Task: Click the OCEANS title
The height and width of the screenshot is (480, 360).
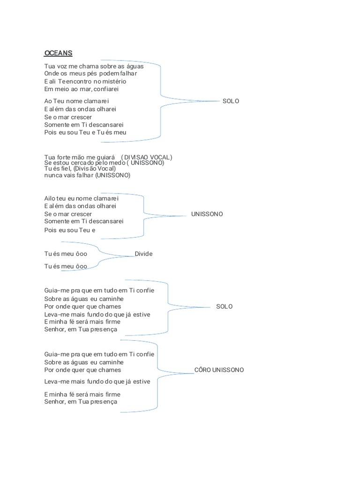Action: [58, 53]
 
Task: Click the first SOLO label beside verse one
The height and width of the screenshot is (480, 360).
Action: [231, 101]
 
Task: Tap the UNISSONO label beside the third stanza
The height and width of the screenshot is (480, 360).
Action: [207, 214]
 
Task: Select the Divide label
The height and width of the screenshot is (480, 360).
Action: [143, 254]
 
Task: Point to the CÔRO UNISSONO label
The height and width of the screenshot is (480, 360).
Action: [219, 370]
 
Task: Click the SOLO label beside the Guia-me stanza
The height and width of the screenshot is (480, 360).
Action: [225, 307]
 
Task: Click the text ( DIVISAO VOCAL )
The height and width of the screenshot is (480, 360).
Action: [146, 157]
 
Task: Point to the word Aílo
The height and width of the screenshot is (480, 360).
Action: [51, 198]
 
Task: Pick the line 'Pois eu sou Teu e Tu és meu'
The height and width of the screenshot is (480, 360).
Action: [85, 132]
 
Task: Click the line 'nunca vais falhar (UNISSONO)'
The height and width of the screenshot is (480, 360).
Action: [87, 175]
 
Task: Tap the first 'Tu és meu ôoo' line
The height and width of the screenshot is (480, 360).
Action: [66, 254]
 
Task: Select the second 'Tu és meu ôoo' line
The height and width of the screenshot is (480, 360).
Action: [66, 266]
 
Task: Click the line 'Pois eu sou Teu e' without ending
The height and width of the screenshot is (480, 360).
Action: [70, 230]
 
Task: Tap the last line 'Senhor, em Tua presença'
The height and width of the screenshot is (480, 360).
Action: [81, 401]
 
